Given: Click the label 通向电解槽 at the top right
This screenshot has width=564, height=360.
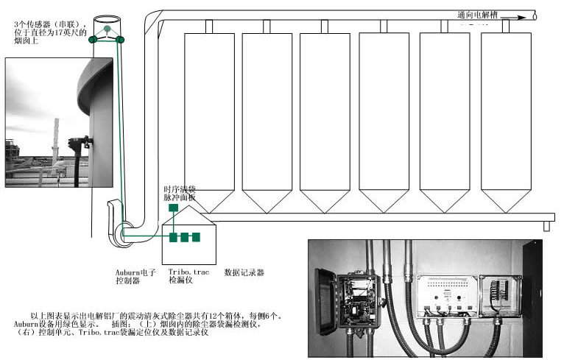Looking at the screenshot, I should [479, 15].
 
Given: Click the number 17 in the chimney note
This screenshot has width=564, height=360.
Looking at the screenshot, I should [60, 32].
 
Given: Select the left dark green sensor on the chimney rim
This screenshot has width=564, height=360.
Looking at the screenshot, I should [94, 39].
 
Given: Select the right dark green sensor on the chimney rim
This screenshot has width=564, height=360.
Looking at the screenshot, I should [121, 39].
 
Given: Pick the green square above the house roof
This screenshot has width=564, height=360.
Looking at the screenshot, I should [172, 209].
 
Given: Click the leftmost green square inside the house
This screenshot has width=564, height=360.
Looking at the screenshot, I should [174, 237].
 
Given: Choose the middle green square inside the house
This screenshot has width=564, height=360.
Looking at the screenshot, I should [186, 237].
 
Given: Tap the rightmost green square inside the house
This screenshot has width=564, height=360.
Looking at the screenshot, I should [197, 237].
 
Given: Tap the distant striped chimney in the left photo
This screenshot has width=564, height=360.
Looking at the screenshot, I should [54, 148].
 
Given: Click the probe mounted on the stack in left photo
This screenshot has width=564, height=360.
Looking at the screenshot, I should [74, 145].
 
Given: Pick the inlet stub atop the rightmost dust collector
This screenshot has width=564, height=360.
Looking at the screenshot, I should [505, 26].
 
